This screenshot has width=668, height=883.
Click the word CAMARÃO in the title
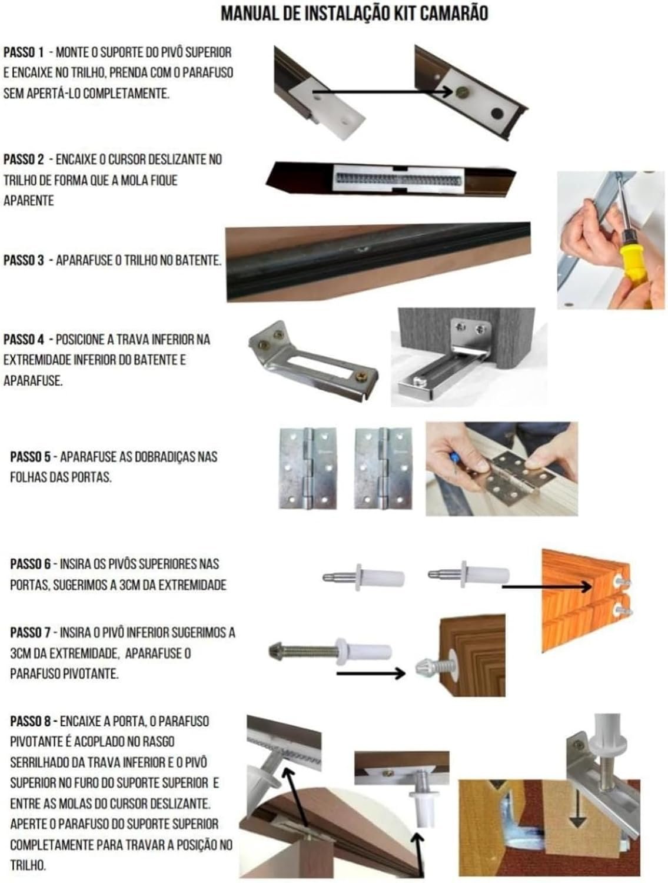[454, 14]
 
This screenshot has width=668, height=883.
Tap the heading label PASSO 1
[24, 52]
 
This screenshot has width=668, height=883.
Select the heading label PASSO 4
[24, 339]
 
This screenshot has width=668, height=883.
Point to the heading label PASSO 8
[30, 721]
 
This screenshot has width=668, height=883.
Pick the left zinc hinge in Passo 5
[308, 468]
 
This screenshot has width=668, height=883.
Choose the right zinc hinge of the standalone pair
[383, 468]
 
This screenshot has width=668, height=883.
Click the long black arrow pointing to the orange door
[547, 587]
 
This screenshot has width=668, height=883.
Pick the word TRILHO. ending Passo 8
[28, 865]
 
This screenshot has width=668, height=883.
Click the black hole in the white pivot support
[497, 113]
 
